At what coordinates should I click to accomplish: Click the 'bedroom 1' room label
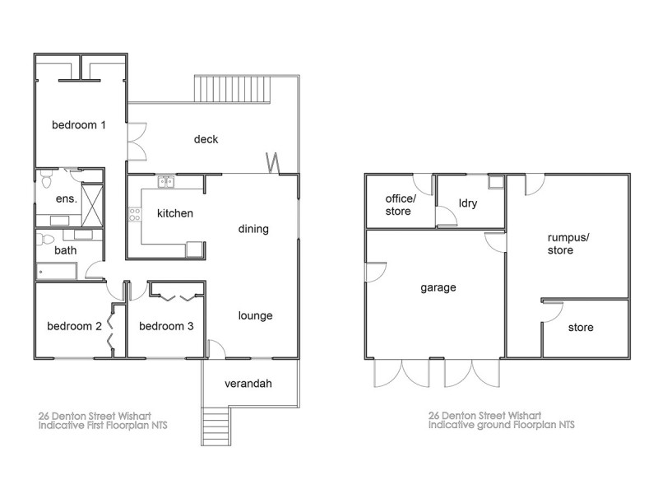point(79,125)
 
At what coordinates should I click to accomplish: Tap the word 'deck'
point(206,139)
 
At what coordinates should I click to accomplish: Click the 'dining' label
point(253,229)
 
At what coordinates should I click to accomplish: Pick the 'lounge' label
point(255,315)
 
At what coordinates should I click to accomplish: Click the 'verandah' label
point(248,384)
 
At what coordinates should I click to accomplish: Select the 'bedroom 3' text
point(166,326)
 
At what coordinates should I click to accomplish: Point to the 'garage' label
point(438,288)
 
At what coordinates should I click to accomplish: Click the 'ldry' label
point(467,203)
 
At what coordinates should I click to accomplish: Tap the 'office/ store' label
point(401,204)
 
